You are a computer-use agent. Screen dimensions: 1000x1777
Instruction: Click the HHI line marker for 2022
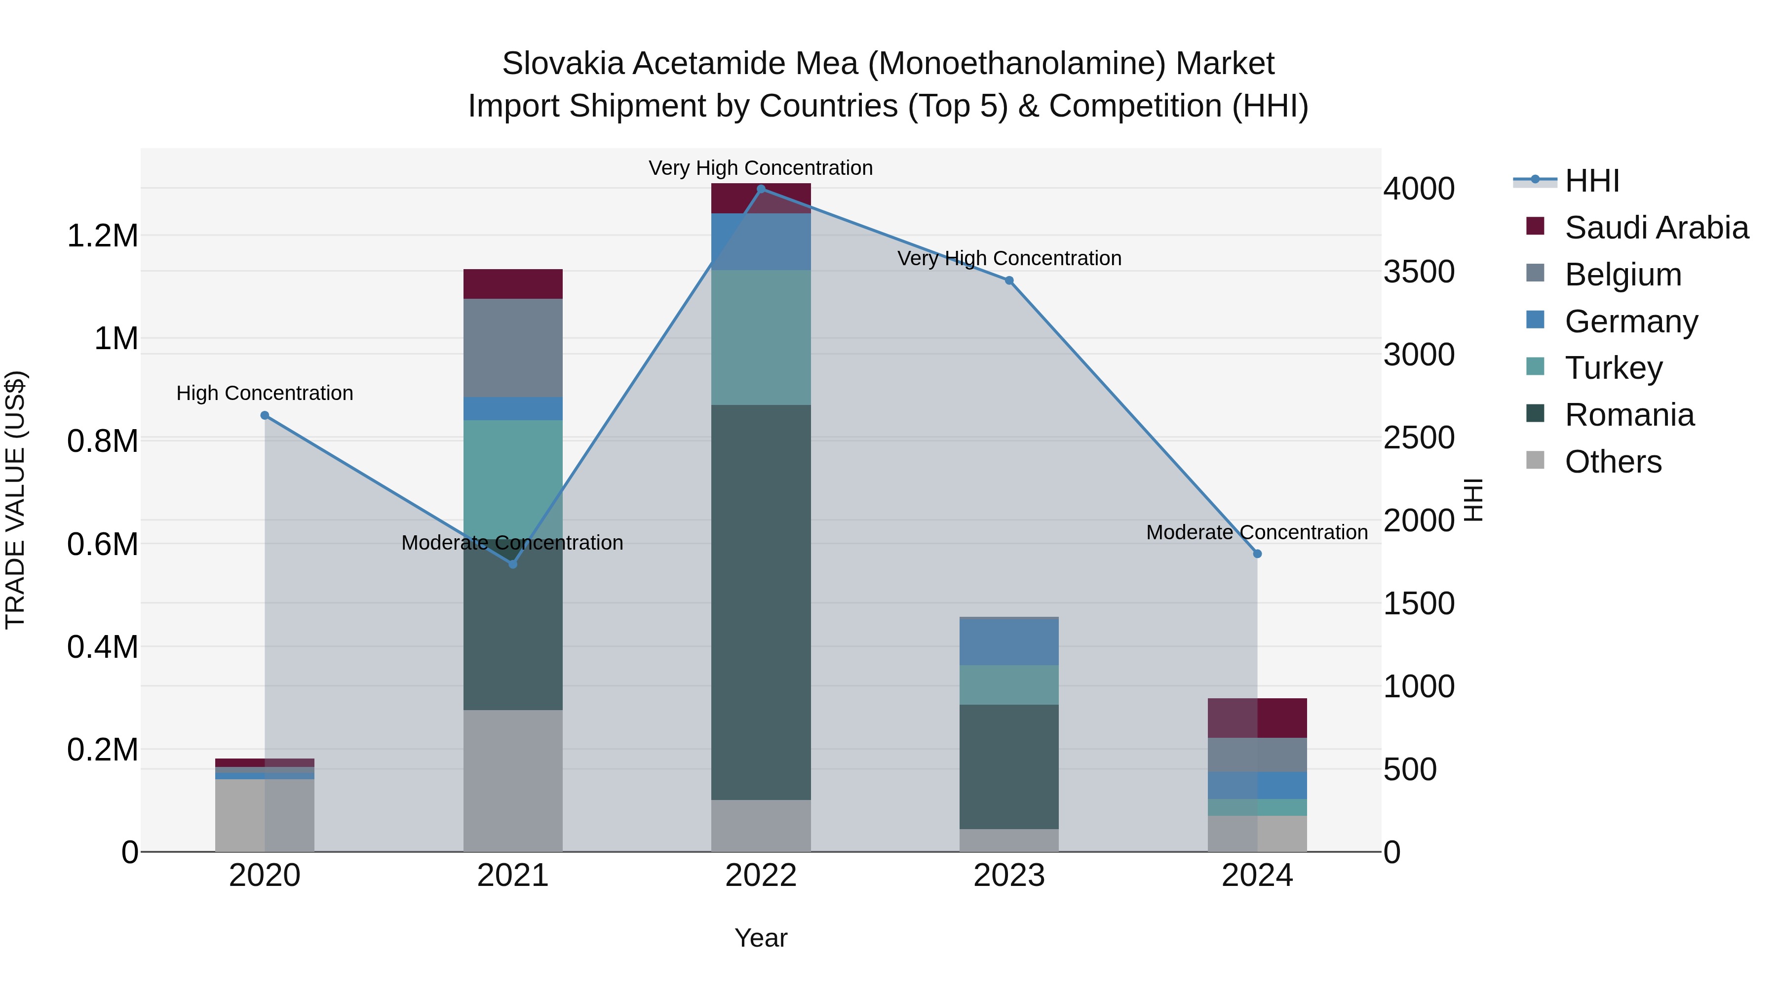(761, 189)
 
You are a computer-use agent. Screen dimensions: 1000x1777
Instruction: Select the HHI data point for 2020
(265, 415)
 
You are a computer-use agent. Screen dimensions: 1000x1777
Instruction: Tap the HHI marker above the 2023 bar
(1009, 281)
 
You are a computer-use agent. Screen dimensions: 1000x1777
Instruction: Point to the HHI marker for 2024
(1258, 554)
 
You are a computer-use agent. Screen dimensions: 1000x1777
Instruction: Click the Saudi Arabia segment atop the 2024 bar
(1258, 718)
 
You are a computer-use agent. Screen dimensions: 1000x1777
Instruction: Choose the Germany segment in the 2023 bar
(1009, 642)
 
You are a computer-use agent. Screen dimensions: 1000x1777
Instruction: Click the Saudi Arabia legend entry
(1656, 228)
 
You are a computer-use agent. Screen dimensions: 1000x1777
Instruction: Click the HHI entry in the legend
(1591, 181)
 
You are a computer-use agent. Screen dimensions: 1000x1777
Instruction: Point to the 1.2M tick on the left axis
(102, 236)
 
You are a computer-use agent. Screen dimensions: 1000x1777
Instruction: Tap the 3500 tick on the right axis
(1419, 272)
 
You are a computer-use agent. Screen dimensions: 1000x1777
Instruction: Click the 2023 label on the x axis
(1009, 876)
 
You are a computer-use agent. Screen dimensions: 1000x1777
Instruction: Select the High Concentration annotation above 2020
(265, 394)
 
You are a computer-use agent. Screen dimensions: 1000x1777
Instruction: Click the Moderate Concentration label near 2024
(1257, 533)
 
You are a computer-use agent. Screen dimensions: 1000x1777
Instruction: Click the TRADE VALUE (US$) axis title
(15, 500)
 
